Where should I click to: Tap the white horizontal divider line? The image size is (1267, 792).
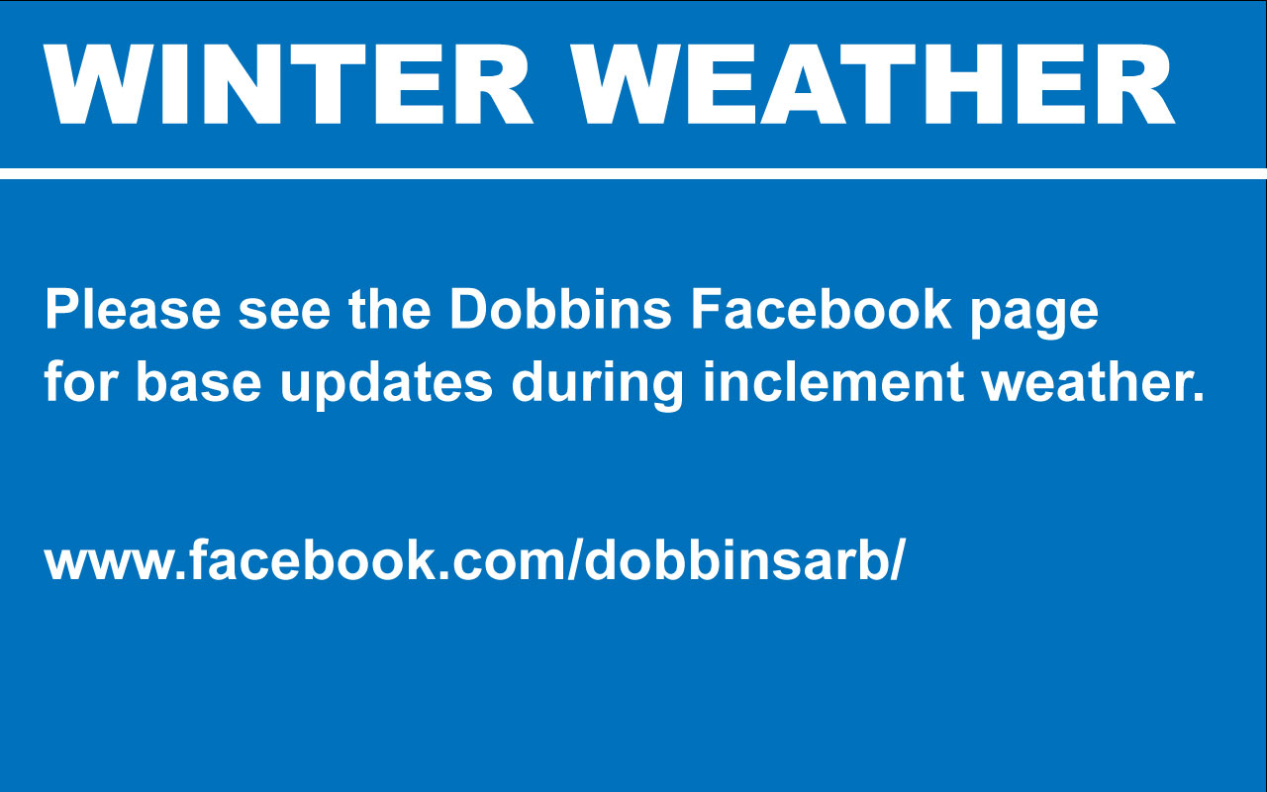point(633,174)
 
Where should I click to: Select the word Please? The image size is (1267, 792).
point(133,311)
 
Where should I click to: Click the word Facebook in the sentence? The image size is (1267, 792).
point(821,311)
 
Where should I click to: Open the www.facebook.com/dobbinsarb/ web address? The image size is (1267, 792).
point(474,561)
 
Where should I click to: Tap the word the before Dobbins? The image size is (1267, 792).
point(389,311)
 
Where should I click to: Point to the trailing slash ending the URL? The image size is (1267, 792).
point(897,561)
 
